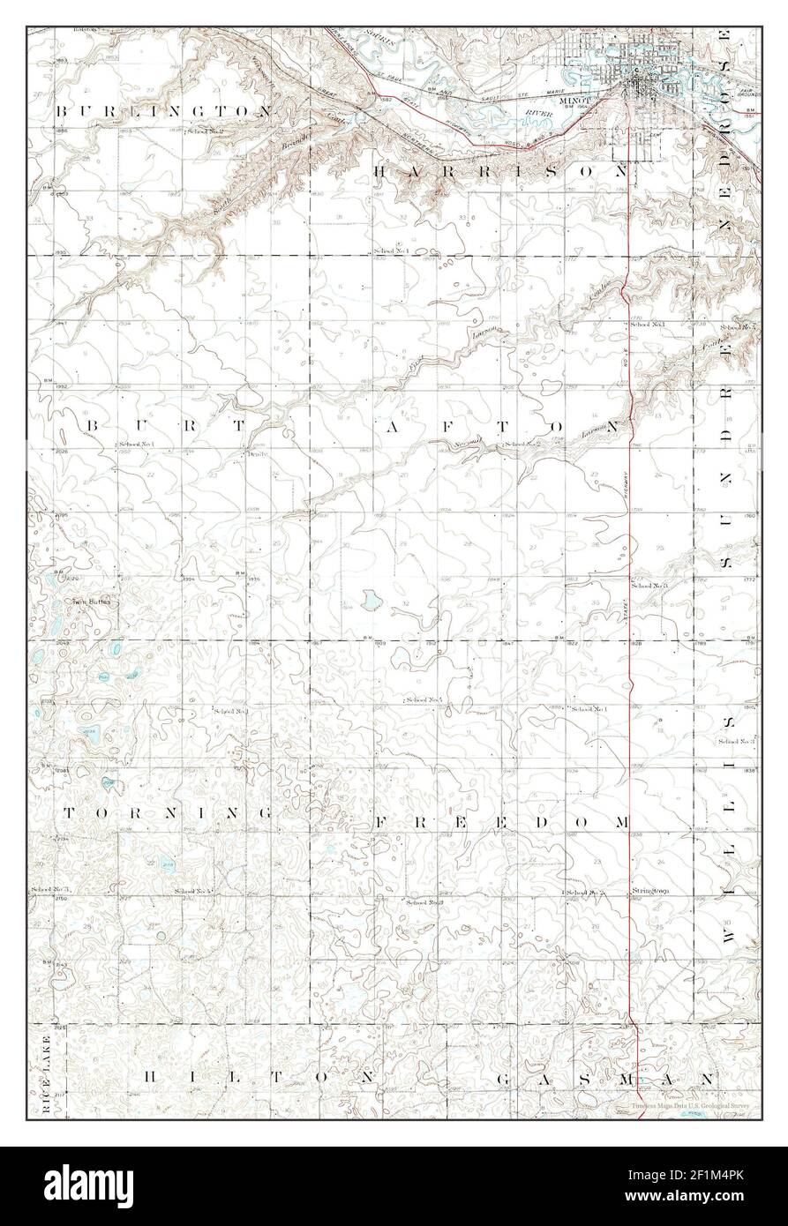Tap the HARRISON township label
[500, 171]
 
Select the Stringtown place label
[650, 891]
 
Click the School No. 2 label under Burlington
[205, 131]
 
